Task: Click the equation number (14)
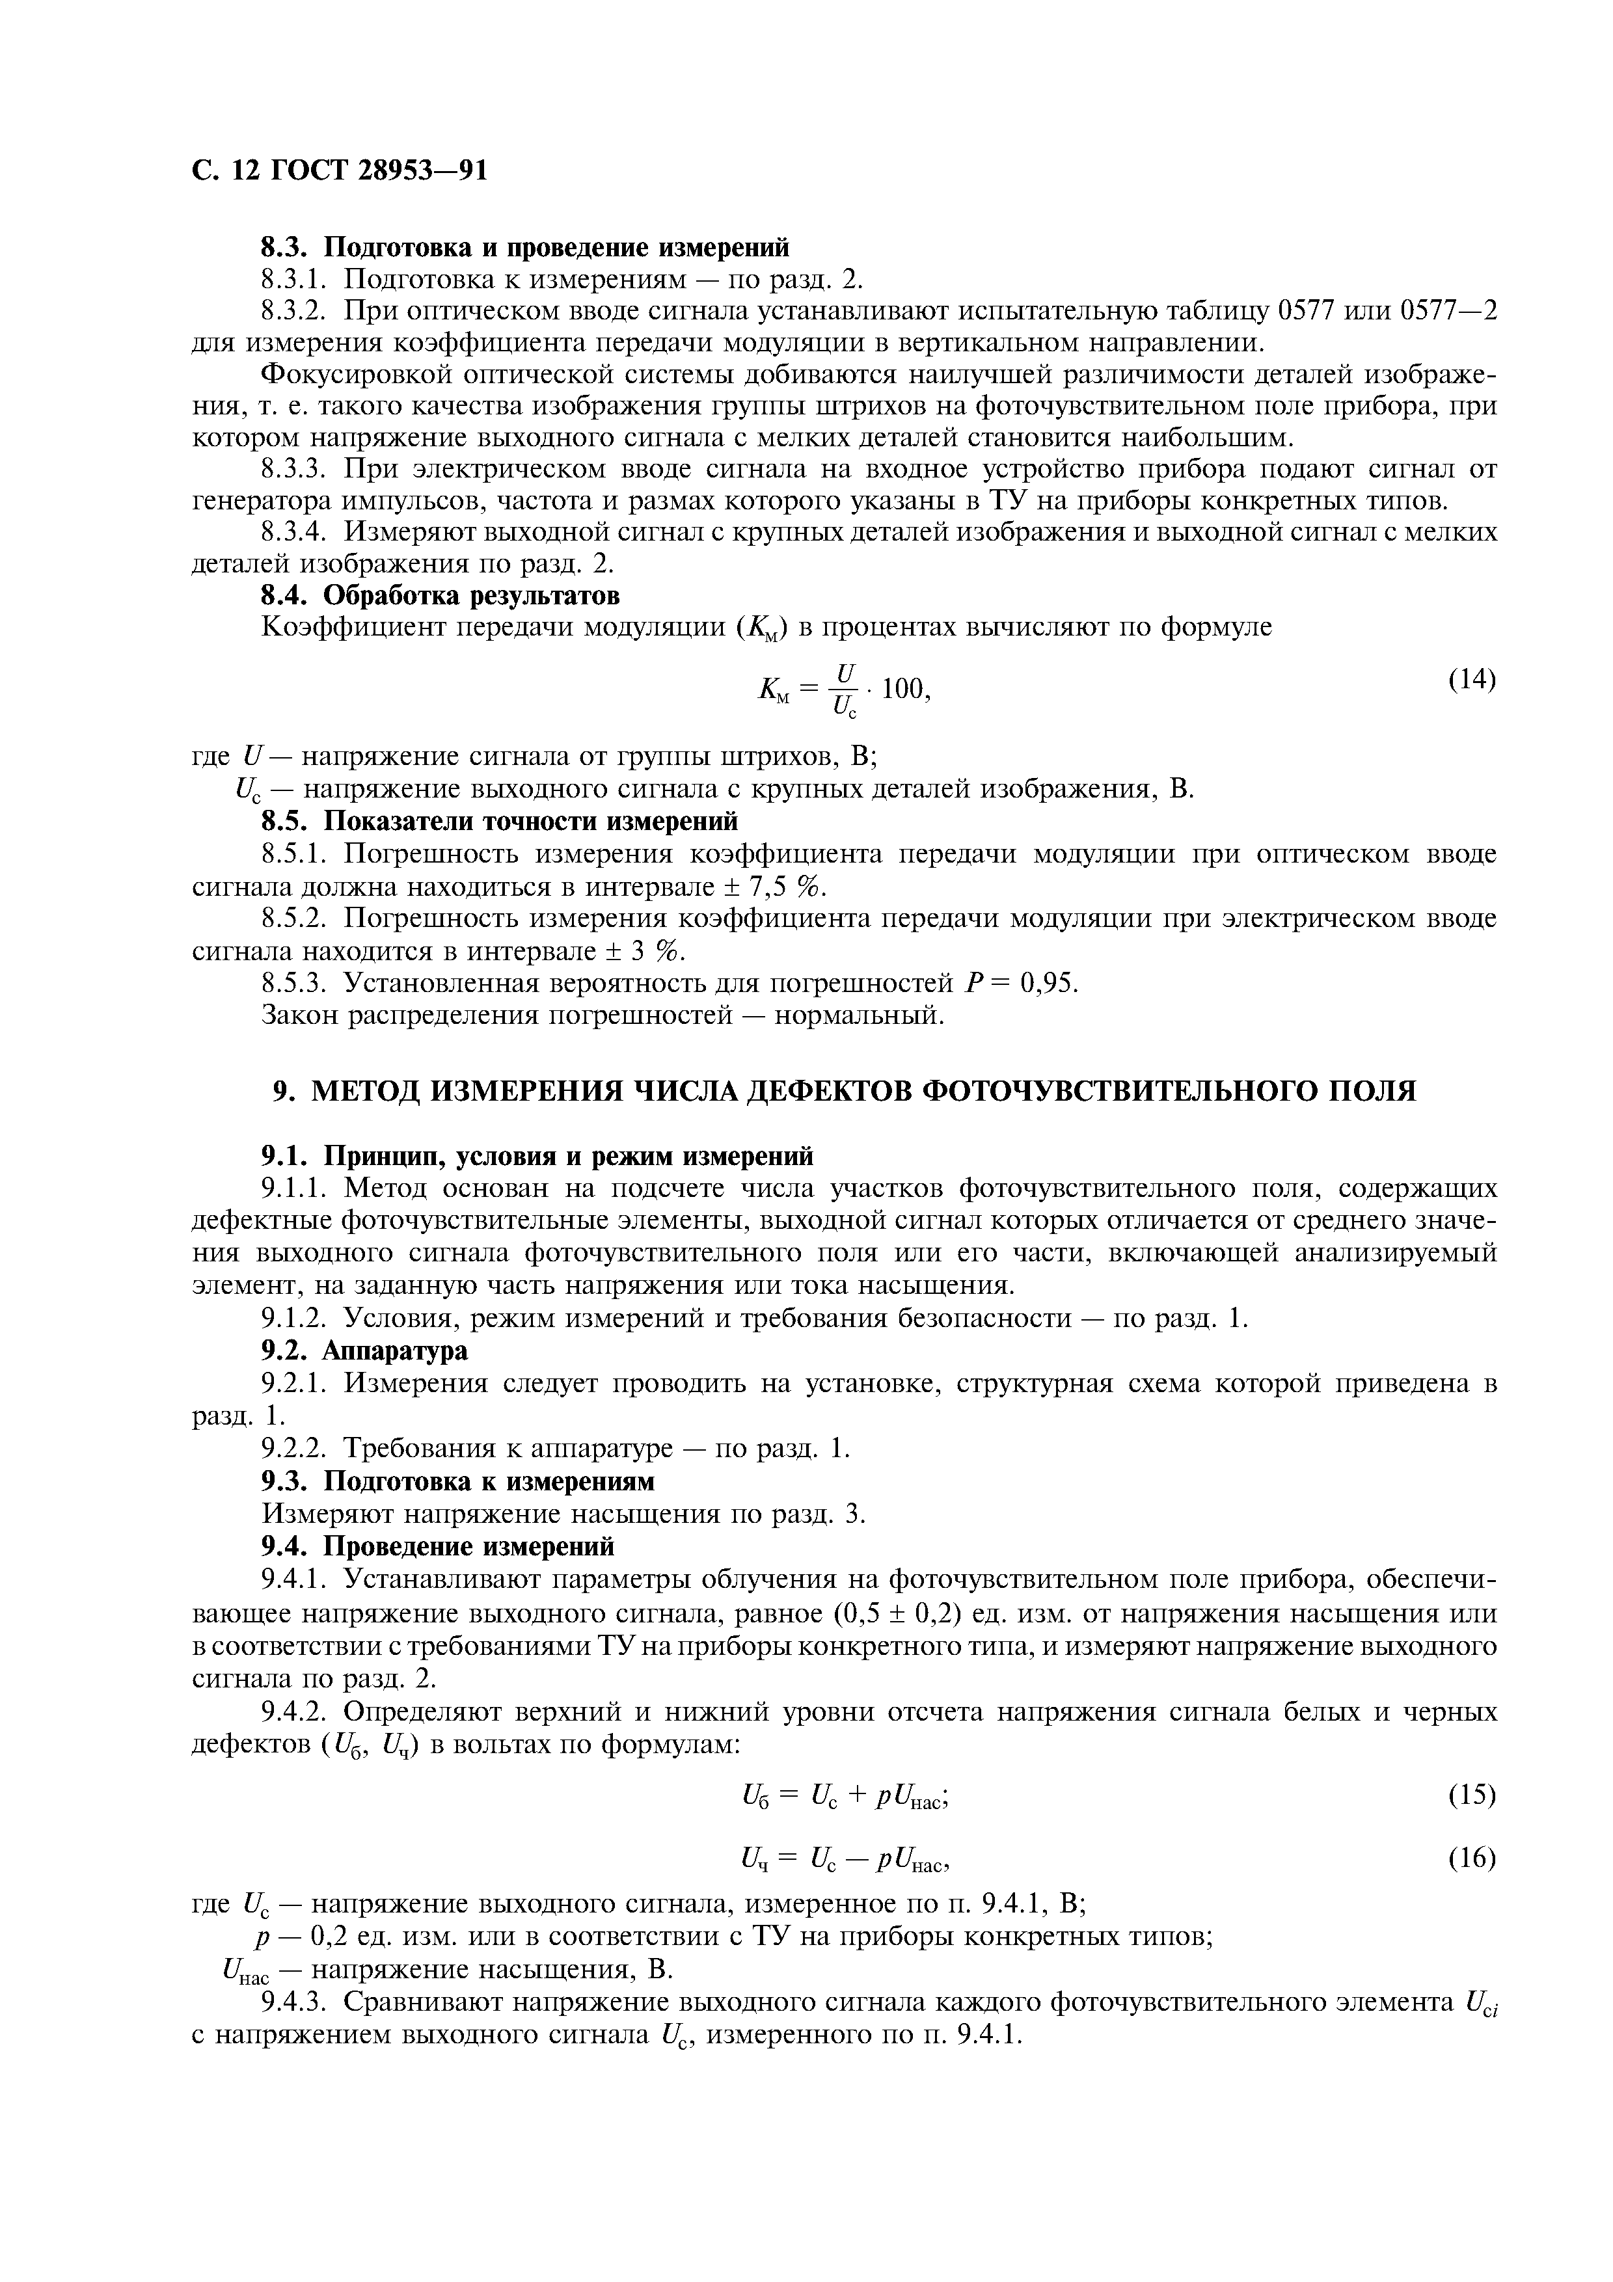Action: (x=1471, y=679)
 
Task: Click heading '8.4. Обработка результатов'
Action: (x=441, y=595)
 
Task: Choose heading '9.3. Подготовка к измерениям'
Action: (x=457, y=1481)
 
